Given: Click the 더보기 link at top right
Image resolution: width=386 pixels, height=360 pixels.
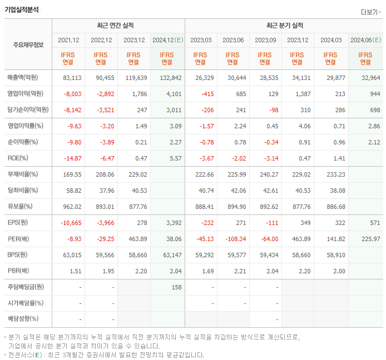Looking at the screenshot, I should point(370,12).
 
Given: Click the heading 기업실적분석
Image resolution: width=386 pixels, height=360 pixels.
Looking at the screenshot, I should point(22,9).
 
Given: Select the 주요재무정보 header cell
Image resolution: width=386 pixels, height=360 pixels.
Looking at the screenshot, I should point(28,45).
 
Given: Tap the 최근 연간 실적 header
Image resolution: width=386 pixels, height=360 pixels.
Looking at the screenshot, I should point(118,26).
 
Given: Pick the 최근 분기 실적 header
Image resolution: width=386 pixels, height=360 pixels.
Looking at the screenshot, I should point(284,26).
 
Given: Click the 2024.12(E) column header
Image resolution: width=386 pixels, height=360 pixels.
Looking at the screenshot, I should point(167,40).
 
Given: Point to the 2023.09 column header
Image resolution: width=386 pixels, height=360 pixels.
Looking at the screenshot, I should point(265,40).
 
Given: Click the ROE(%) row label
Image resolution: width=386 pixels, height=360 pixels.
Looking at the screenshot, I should point(19,158).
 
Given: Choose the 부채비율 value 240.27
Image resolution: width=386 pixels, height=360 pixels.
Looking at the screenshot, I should point(268,174).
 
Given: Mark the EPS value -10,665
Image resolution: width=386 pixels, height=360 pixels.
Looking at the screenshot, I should point(70,223).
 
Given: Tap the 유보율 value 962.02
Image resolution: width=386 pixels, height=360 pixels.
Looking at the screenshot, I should point(72,207).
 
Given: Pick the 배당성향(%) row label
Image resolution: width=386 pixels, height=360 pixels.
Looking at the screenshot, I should point(23,319).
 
